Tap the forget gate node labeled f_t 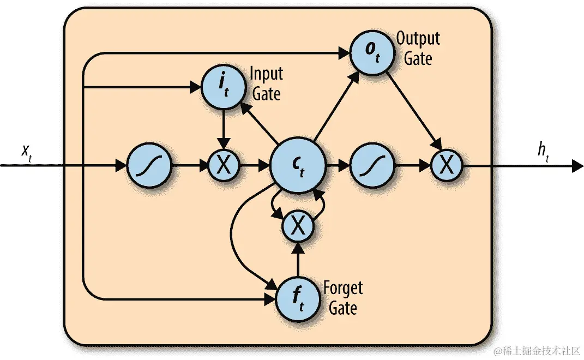[x=298, y=299]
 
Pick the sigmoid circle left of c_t [x=149, y=166]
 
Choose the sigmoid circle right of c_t [x=372, y=166]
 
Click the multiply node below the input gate [x=224, y=166]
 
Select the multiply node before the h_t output [x=447, y=166]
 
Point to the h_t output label [x=543, y=151]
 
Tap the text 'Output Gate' [x=418, y=48]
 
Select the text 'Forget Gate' [x=342, y=297]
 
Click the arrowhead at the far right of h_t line [x=577, y=166]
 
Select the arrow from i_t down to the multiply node [x=224, y=128]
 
